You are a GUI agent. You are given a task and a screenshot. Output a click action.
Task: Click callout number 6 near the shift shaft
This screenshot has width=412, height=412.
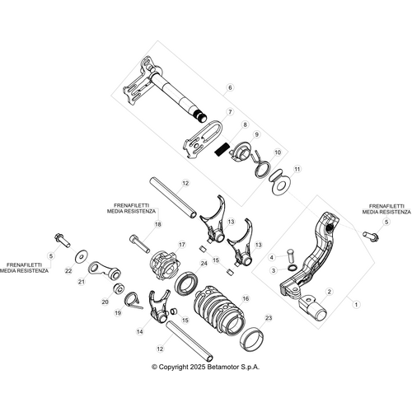230,87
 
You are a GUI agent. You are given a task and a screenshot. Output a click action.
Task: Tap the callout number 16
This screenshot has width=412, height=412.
245,298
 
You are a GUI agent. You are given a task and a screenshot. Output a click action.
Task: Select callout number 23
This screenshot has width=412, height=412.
267,317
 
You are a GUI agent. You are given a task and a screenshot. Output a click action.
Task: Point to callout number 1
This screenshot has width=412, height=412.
357,304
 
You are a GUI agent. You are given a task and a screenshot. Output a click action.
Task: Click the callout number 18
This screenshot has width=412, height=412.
157,223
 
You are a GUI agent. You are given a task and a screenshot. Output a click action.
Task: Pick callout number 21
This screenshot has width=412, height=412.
82,282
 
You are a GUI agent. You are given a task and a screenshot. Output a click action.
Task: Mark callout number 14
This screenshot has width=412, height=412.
139,330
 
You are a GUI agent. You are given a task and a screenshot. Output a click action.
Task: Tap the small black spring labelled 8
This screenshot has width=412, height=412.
220,149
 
